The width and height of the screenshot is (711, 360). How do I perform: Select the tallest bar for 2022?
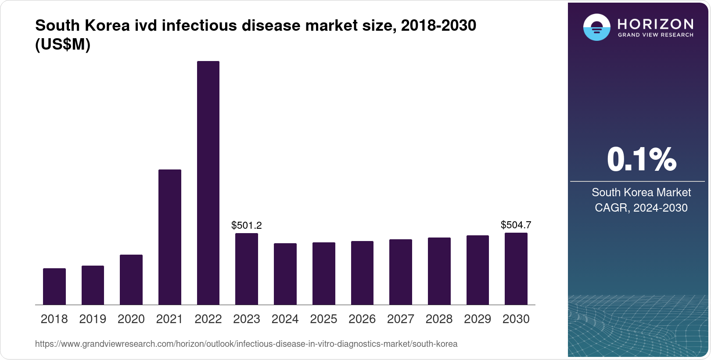pyautogui.click(x=208, y=183)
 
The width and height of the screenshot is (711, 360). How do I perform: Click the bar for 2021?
pyautogui.click(x=169, y=237)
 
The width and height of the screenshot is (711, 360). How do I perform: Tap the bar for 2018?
pyautogui.click(x=54, y=286)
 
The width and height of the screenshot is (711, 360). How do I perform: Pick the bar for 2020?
pyautogui.click(x=131, y=280)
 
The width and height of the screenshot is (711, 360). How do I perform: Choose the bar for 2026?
pyautogui.click(x=362, y=273)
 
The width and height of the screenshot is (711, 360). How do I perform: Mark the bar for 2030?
pyautogui.click(x=516, y=269)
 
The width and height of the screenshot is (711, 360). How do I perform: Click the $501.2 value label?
pyautogui.click(x=246, y=225)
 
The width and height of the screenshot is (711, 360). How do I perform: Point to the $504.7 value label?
pyautogui.click(x=516, y=225)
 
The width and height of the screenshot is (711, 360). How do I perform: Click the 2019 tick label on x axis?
pyautogui.click(x=93, y=319)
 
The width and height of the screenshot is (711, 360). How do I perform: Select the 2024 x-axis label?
pyautogui.click(x=285, y=319)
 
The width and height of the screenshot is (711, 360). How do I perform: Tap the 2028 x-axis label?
pyautogui.click(x=439, y=319)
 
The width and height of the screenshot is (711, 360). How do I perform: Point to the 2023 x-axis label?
pyautogui.click(x=246, y=319)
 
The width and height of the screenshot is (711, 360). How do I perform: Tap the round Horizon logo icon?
pyautogui.click(x=596, y=27)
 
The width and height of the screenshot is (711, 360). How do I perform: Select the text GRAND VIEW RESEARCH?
pyautogui.click(x=655, y=35)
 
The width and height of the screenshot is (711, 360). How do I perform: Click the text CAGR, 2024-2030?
pyautogui.click(x=641, y=208)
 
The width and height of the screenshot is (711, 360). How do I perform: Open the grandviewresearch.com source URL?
pyautogui.click(x=246, y=344)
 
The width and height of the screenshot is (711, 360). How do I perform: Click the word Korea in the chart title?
pyautogui.click(x=107, y=25)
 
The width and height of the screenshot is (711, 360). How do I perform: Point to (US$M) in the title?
pyautogui.click(x=63, y=44)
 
